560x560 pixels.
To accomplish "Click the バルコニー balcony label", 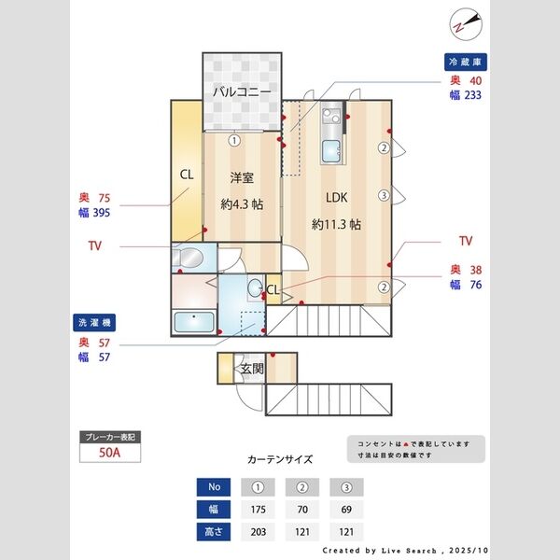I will (x=242, y=92).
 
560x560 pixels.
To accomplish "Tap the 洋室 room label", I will (x=241, y=176).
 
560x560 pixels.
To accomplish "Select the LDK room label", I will (x=337, y=198).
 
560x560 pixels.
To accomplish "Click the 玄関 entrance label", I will (x=252, y=369).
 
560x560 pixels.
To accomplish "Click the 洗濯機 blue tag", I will (x=95, y=322).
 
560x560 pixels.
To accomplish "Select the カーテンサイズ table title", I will (x=280, y=459).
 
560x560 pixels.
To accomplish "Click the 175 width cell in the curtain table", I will (x=259, y=510).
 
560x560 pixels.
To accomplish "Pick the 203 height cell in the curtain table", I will (x=259, y=532).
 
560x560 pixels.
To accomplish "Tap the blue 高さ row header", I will (x=214, y=532).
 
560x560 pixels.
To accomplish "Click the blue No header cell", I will (x=214, y=487).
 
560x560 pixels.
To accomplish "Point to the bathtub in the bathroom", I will (x=194, y=322).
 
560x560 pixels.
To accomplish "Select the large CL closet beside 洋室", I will (x=187, y=175).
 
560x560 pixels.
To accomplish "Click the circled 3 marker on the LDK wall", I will (x=384, y=195).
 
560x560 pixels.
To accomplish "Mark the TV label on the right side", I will (x=466, y=241).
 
